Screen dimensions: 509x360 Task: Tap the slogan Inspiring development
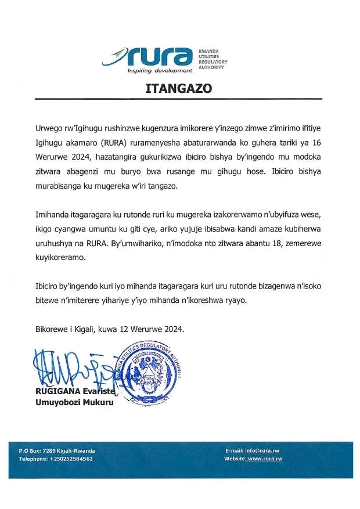click(x=160, y=71)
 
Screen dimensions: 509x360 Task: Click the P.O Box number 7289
click(x=51, y=450)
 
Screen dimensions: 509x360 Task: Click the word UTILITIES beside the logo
click(x=211, y=56)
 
